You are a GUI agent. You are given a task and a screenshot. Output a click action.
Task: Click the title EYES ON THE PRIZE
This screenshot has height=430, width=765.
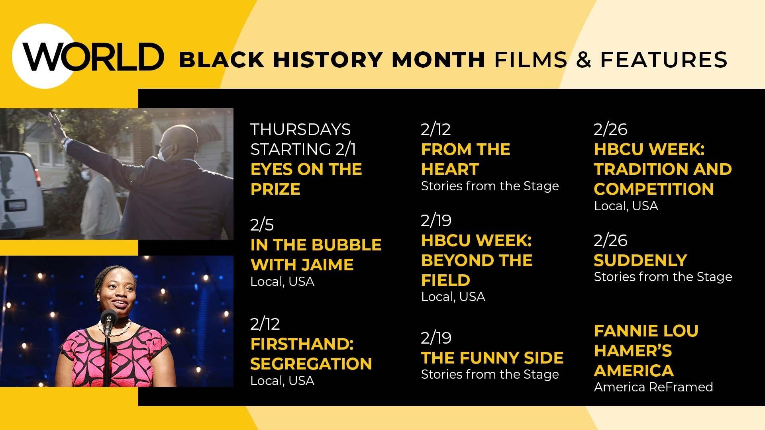pyautogui.click(x=306, y=179)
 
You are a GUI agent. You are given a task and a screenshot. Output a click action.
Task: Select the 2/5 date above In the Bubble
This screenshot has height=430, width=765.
pyautogui.click(x=262, y=225)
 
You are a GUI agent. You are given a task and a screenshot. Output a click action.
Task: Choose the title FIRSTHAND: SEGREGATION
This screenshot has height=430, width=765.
pyautogui.click(x=311, y=354)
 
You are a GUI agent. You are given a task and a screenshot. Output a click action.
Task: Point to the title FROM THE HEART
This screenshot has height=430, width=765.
pyautogui.click(x=465, y=159)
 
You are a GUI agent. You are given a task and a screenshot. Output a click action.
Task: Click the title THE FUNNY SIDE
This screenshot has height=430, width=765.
pyautogui.click(x=492, y=358)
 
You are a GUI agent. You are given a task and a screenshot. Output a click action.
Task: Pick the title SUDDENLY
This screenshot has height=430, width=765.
pyautogui.click(x=640, y=260)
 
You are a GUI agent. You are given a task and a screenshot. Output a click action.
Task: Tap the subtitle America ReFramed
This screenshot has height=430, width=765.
pyautogui.click(x=653, y=387)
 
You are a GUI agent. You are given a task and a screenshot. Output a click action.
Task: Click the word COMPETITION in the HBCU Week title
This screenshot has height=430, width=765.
pyautogui.click(x=653, y=189)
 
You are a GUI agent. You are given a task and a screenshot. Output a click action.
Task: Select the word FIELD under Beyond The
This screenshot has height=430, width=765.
pyautogui.click(x=445, y=280)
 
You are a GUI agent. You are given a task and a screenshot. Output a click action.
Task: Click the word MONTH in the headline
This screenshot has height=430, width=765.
pyautogui.click(x=438, y=60)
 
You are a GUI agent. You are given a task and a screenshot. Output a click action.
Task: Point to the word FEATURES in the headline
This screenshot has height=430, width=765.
pyautogui.click(x=664, y=60)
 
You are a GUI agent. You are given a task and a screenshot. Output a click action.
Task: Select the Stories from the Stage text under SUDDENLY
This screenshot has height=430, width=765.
pyautogui.click(x=663, y=277)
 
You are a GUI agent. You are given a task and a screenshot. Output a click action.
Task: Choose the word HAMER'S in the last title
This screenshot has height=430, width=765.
pyautogui.click(x=633, y=351)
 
